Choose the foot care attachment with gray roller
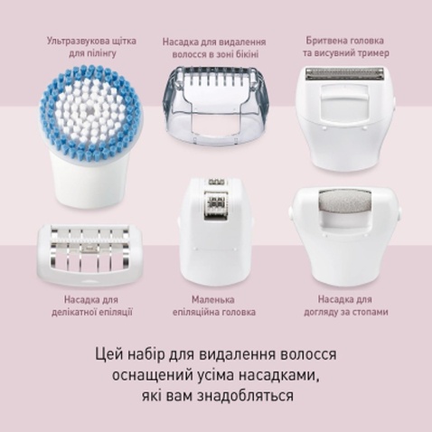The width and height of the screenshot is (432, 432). click(342, 239)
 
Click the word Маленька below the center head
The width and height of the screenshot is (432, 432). click(216, 299)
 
